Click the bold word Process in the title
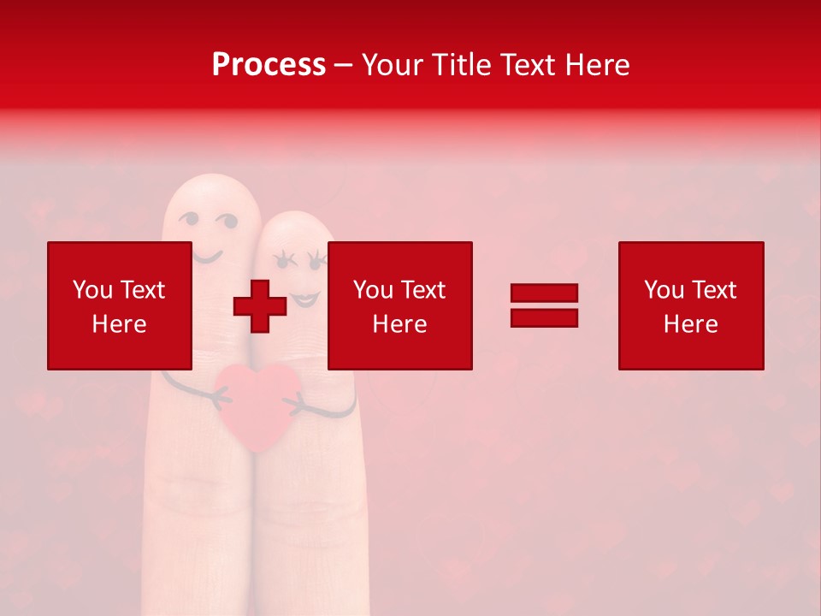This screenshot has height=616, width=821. pos(269,64)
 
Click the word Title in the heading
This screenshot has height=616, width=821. pos(459,64)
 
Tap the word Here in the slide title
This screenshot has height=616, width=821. pos(596,64)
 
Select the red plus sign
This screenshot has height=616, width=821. pos(260,306)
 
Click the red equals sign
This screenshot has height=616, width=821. pos(544,305)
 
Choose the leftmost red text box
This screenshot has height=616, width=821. pos(119,305)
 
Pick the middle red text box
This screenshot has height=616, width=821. pos(399,305)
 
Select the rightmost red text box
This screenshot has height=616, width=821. pos(690,305)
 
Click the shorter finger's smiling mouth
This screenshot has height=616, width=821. pos(305,299)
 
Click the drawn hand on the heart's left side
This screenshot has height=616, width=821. pos(221,394)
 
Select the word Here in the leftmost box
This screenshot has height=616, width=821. pos(119,324)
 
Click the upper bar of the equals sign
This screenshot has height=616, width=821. pos(544,293)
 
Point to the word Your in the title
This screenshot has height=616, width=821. pos(392,64)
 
